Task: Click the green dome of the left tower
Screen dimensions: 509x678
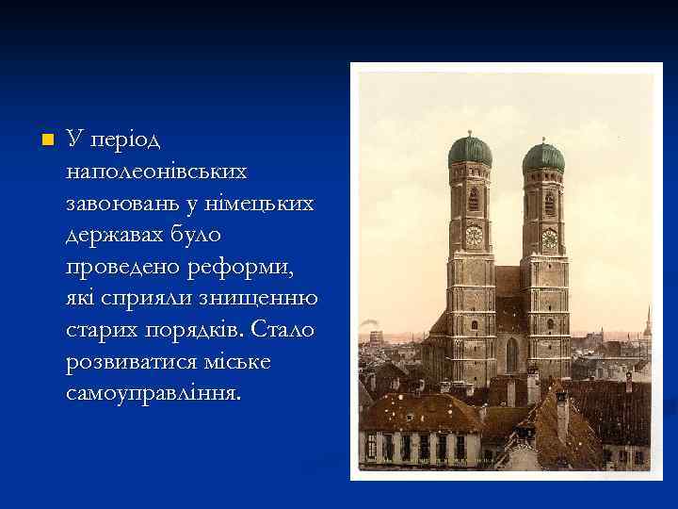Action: tap(470, 150)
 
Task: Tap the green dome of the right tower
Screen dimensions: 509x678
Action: tap(544, 156)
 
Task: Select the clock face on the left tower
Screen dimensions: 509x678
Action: tap(473, 236)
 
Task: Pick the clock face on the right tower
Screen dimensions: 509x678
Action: tap(549, 239)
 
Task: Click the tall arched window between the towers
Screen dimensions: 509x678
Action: tap(511, 353)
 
